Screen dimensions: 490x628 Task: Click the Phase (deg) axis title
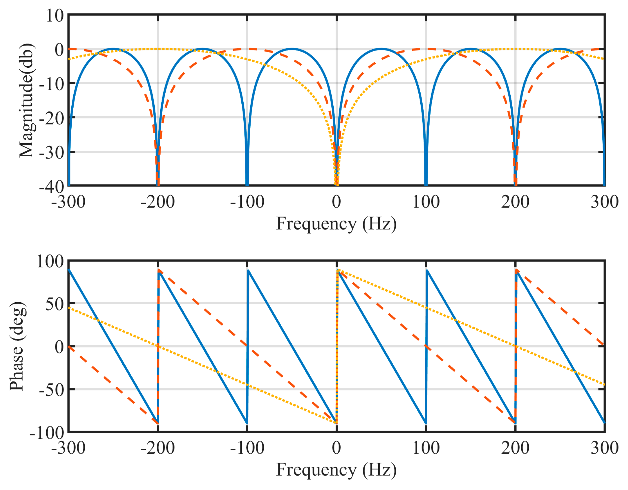pyautogui.click(x=17, y=346)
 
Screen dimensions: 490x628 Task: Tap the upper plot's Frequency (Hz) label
pyautogui.click(x=336, y=224)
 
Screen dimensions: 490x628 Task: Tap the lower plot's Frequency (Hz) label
pyautogui.click(x=336, y=470)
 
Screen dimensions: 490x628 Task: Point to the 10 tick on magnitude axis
pyautogui.click(x=55, y=16)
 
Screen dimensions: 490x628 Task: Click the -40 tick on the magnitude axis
pyautogui.click(x=52, y=187)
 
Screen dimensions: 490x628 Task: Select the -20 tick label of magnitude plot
pyautogui.click(x=52, y=118)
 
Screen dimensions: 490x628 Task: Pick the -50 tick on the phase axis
pyautogui.click(x=52, y=390)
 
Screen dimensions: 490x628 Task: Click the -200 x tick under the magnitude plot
pyautogui.click(x=157, y=202)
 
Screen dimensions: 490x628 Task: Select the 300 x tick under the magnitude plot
pyautogui.click(x=604, y=202)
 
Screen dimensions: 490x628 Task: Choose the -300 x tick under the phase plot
pyautogui.click(x=68, y=448)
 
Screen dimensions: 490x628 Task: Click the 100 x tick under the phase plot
pyautogui.click(x=426, y=448)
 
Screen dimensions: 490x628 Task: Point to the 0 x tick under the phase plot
pyautogui.click(x=336, y=448)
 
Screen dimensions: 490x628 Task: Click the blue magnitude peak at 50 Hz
pyautogui.click(x=381, y=49)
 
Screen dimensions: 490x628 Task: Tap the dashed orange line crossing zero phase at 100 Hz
pyautogui.click(x=426, y=347)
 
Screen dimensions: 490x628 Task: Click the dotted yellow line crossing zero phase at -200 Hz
pyautogui.click(x=157, y=346)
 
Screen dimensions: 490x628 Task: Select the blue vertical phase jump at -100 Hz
pyautogui.click(x=247, y=345)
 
